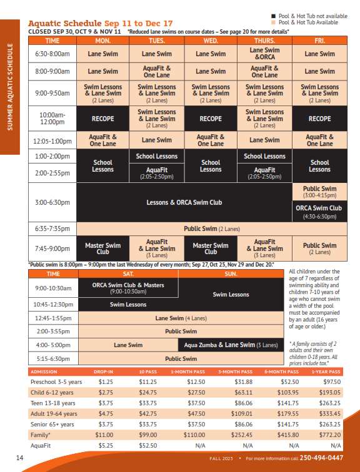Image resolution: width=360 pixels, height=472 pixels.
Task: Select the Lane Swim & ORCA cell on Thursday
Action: point(264,54)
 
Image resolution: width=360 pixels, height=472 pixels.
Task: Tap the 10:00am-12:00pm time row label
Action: point(52,118)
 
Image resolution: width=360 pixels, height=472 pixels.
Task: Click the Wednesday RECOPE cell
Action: point(211,118)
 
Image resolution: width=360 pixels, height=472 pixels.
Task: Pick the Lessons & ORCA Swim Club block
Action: point(184,202)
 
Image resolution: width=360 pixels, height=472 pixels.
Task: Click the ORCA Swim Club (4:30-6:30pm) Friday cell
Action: point(319,211)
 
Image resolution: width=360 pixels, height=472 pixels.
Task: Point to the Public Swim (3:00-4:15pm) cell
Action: point(319,191)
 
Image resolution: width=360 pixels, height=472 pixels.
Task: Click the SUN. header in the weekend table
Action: point(231,274)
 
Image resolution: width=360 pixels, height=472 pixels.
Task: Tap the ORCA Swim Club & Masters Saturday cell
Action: point(128,288)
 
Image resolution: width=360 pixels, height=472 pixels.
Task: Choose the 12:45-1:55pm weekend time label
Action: point(53,318)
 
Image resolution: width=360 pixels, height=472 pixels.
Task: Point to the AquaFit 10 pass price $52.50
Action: point(147,445)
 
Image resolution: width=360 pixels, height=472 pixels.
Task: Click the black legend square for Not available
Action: point(273,15)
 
